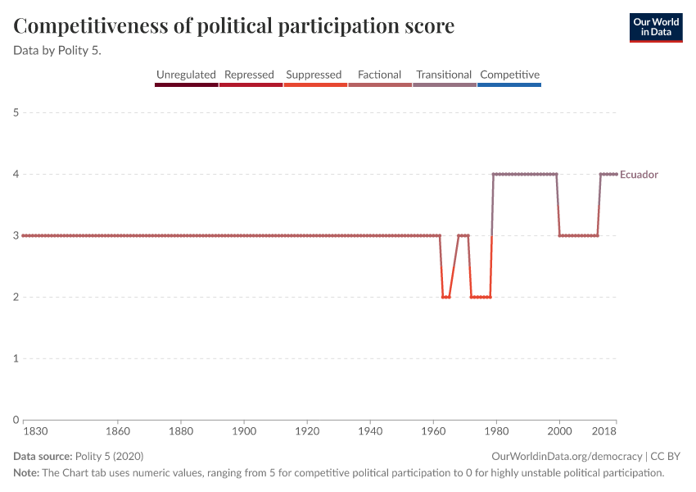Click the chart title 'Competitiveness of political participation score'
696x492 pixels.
click(x=234, y=27)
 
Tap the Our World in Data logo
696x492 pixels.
click(x=656, y=27)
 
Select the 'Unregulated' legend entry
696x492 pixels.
click(x=186, y=75)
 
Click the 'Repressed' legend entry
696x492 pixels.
click(x=249, y=75)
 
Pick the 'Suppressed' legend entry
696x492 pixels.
click(x=314, y=75)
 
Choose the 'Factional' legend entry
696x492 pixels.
click(x=379, y=75)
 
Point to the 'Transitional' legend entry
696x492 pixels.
click(x=444, y=75)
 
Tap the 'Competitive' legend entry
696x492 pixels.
click(x=509, y=75)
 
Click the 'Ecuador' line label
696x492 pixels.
click(x=639, y=175)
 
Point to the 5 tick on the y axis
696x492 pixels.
click(x=16, y=112)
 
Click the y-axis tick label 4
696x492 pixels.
click(x=16, y=174)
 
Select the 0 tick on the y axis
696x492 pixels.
click(x=16, y=420)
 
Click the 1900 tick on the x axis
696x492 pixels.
click(x=244, y=430)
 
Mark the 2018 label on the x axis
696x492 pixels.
click(x=604, y=430)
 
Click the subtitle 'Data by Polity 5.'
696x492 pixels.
click(x=63, y=50)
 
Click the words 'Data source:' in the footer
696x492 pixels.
click(x=43, y=456)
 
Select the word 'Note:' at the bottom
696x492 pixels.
click(x=27, y=473)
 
